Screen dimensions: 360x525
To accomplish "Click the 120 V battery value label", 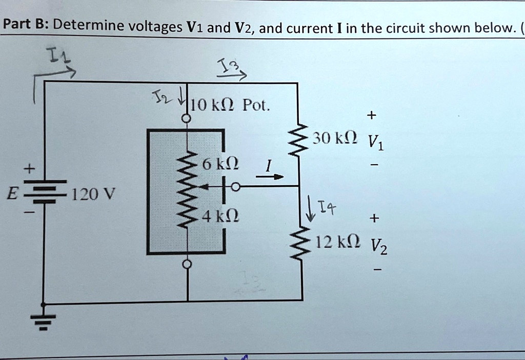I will [94, 194].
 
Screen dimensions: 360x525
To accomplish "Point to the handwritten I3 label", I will [226, 66].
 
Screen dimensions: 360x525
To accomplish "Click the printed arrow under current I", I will [270, 177].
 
